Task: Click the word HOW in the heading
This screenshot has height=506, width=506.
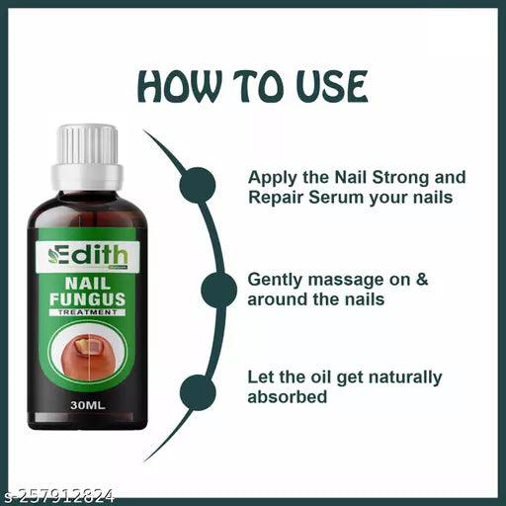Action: [x=178, y=86]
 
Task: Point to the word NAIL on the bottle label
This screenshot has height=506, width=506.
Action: [x=87, y=284]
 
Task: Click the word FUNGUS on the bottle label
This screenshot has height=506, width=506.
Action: [x=87, y=299]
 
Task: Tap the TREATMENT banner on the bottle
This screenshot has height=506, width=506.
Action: [x=87, y=312]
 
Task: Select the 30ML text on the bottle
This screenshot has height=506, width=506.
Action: [x=88, y=405]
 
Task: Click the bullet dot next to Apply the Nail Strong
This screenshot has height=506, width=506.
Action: [x=198, y=185]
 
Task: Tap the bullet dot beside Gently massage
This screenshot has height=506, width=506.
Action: [x=218, y=291]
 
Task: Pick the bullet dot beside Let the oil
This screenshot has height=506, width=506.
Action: [x=198, y=392]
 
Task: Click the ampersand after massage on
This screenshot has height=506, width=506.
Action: [x=422, y=280]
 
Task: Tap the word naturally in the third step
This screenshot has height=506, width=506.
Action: [x=405, y=379]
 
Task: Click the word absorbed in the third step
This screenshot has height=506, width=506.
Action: [x=288, y=397]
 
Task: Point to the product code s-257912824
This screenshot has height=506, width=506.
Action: [x=57, y=496]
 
